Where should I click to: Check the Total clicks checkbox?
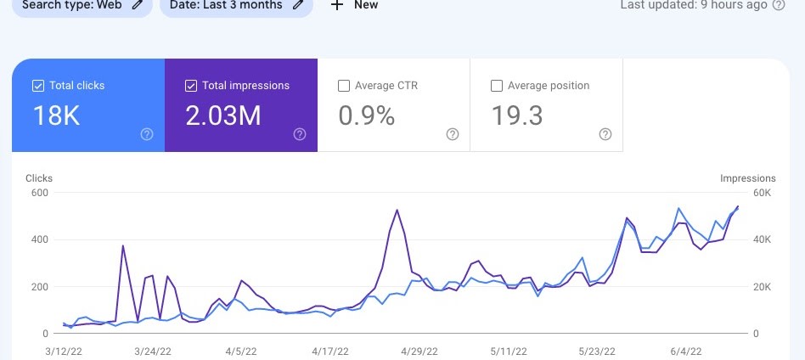(x=37, y=86)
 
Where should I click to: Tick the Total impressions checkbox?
(x=190, y=86)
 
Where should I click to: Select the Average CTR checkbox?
(x=344, y=86)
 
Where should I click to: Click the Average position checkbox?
(x=497, y=86)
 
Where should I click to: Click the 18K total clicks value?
(x=56, y=116)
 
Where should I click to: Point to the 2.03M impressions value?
(x=222, y=116)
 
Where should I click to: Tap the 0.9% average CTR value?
(x=367, y=116)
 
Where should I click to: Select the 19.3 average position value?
(x=517, y=116)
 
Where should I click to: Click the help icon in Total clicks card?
(x=147, y=134)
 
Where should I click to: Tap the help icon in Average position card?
(x=605, y=134)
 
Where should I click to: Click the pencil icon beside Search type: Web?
(x=138, y=4)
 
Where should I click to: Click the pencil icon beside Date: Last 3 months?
(x=297, y=4)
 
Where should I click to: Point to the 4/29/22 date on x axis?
(x=419, y=351)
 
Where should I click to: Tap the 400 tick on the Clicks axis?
(x=39, y=240)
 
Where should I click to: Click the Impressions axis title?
(x=747, y=178)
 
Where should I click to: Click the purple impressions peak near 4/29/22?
(x=397, y=210)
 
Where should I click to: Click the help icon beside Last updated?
(x=779, y=5)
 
